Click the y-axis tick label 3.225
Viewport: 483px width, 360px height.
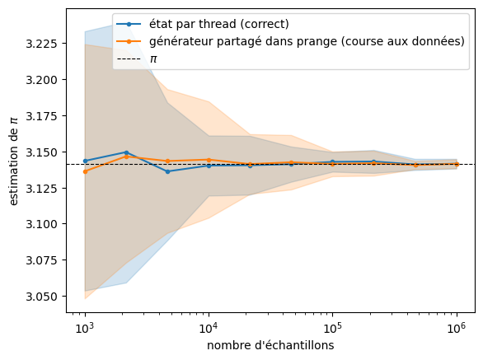tap(41, 44)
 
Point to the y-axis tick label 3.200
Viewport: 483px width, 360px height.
tap(41, 80)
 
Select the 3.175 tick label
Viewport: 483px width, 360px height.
tap(41, 116)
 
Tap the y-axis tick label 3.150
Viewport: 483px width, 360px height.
tap(41, 152)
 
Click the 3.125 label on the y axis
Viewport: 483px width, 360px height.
tap(41, 189)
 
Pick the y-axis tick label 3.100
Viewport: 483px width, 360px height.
tap(41, 224)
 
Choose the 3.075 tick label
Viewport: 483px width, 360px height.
tap(41, 260)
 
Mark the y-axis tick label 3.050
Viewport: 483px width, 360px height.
tap(41, 297)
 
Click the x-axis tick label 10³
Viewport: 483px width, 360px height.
tap(85, 328)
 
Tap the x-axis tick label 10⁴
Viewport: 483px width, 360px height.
tap(209, 328)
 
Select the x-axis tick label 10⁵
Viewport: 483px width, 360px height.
tap(333, 328)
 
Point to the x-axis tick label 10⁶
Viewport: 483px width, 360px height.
tap(457, 328)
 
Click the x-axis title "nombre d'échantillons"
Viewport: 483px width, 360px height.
tap(270, 345)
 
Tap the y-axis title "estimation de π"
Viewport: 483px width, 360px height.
tap(13, 161)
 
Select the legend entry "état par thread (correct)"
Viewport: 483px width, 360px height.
tap(219, 24)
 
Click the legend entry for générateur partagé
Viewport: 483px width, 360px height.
tap(307, 41)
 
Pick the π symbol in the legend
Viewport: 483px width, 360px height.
tap(153, 58)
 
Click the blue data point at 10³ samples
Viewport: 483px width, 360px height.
tap(86, 161)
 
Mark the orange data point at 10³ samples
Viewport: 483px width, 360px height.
tap(86, 171)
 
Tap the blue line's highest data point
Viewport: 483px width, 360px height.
tap(126, 152)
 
